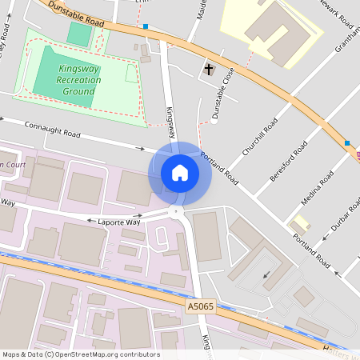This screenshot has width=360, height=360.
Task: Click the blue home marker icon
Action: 180,172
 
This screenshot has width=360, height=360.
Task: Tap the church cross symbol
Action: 210,70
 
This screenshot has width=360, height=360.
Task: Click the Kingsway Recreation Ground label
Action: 78,80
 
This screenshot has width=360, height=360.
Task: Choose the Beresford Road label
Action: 289,161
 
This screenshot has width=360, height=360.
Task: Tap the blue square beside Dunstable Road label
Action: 146,26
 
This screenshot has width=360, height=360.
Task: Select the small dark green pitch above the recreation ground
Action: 79,34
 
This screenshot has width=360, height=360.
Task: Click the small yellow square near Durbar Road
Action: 302,222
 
